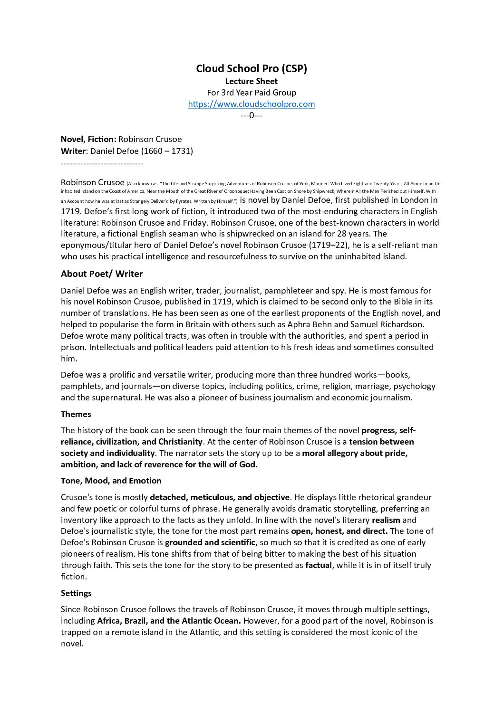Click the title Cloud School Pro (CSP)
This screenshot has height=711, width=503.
251,69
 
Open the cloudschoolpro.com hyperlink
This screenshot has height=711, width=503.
251,104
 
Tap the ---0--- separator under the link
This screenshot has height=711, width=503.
251,115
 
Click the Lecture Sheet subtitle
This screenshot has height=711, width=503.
251,81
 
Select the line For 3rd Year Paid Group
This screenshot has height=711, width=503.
251,93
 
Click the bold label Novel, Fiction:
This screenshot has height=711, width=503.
88,139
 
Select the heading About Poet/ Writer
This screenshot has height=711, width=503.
102,274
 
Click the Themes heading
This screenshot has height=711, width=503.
76,414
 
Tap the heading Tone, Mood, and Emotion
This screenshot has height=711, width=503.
111,481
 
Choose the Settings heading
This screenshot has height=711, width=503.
76,593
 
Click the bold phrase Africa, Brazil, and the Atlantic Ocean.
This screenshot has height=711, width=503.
169,621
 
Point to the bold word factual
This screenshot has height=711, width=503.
319,565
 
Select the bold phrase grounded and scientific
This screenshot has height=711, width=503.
210,542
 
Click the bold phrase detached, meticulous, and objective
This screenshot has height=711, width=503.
220,497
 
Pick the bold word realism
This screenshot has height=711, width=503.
386,520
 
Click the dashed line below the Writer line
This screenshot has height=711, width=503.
102,163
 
